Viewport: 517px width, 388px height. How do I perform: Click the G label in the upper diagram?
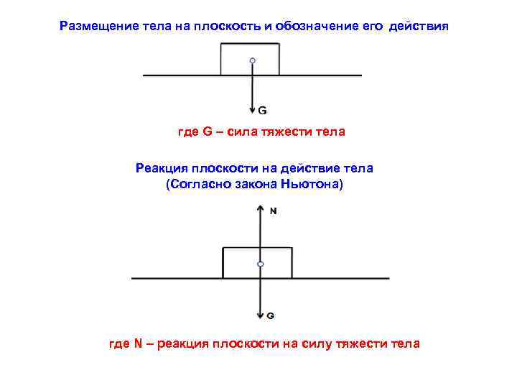pos(263,111)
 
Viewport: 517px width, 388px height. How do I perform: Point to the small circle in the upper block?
pos(251,61)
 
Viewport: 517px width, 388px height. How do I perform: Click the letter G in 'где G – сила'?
pos(208,132)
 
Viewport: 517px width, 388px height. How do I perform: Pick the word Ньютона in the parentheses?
pos(316,185)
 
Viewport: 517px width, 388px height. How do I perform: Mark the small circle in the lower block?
pos(261,264)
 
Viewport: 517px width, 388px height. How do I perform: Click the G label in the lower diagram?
pos(271,315)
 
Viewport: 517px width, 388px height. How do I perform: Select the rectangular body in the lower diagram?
pos(276,262)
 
